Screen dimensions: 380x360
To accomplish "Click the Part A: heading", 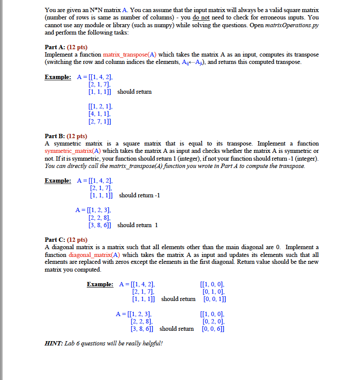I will [54, 47].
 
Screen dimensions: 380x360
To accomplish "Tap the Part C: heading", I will [54, 240].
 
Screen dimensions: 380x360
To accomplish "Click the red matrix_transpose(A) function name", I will [130, 54].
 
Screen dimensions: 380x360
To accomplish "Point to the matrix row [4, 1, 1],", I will [99, 114].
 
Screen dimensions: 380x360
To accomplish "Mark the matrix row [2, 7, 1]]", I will [100, 121].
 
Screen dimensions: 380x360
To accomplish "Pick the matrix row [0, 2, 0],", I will [213, 321].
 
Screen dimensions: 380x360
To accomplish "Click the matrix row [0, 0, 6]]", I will [213, 329].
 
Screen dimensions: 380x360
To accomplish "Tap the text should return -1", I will [139, 195].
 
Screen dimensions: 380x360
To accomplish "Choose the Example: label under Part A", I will [58, 77].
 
